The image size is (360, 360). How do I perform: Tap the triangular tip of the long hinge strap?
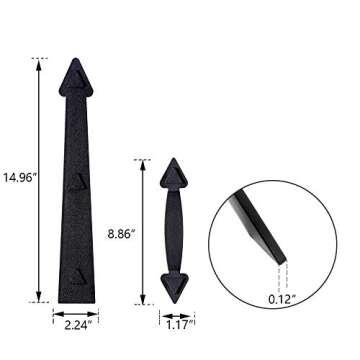75,73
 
